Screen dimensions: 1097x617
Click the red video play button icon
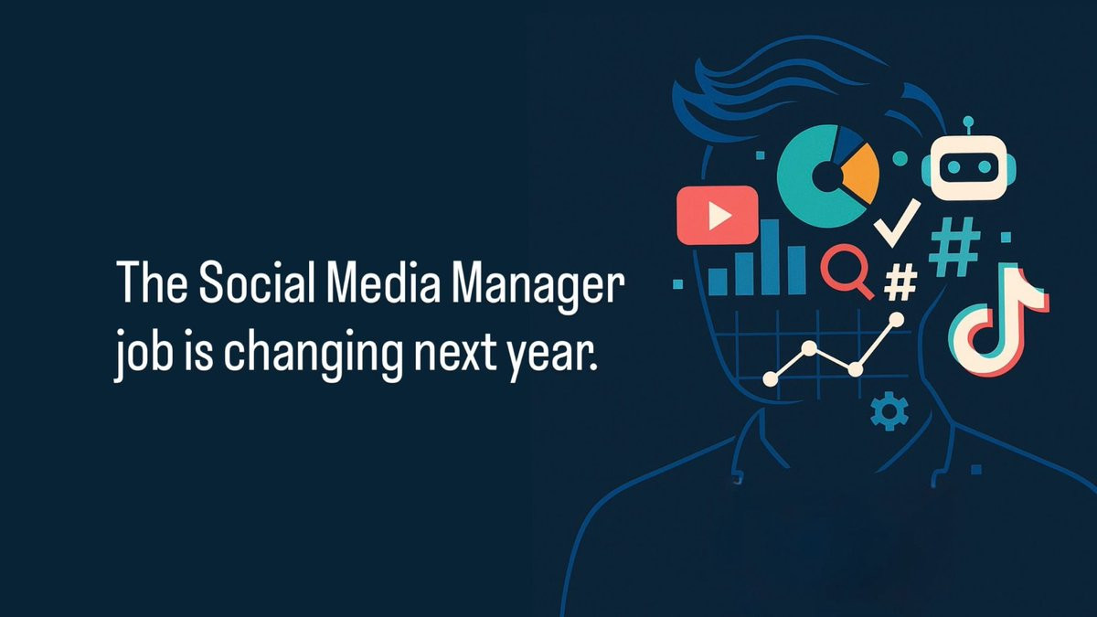[x=717, y=215]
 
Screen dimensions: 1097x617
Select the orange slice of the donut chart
[x=862, y=173]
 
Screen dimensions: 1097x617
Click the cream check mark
[x=897, y=223]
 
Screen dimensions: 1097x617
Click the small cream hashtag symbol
[x=900, y=282]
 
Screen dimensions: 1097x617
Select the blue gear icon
[x=889, y=411]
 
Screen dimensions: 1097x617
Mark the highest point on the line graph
[x=896, y=320]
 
